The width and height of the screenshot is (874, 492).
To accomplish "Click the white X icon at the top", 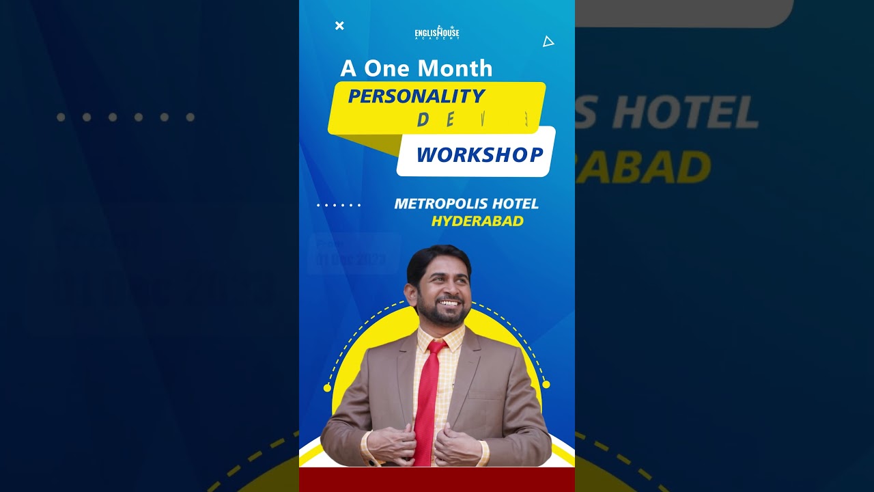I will tap(339, 26).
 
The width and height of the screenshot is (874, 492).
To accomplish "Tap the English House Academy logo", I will tap(437, 32).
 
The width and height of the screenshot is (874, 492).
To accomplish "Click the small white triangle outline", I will tap(548, 42).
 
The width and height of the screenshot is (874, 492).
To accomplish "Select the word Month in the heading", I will tap(455, 68).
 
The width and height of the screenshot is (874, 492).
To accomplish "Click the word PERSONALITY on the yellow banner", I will tap(417, 96).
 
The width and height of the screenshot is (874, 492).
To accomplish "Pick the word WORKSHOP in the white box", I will tap(479, 155).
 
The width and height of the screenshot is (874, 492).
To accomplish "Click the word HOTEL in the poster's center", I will tap(512, 204).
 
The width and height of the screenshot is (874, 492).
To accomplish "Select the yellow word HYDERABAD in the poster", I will tap(477, 221).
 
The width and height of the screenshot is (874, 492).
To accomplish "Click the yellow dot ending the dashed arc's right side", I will tap(546, 385).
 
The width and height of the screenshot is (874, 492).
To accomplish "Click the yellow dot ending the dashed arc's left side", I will tap(327, 387).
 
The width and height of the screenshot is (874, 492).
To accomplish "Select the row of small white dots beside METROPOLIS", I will tap(339, 205).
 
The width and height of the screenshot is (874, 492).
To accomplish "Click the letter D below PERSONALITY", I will tap(423, 121).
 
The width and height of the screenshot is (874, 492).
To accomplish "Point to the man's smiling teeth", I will tap(449, 302).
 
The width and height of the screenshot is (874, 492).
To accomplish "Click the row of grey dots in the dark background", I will tap(126, 118).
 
